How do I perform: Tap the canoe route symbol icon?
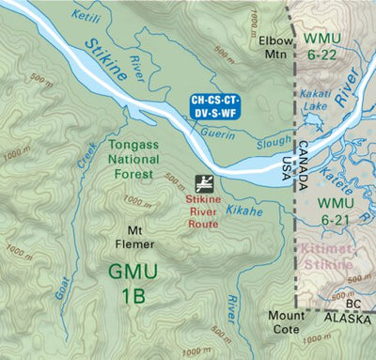[203, 183]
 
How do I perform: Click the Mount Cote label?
[286, 322]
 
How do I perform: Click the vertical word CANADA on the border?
[302, 157]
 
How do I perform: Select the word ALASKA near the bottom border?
[347, 318]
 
